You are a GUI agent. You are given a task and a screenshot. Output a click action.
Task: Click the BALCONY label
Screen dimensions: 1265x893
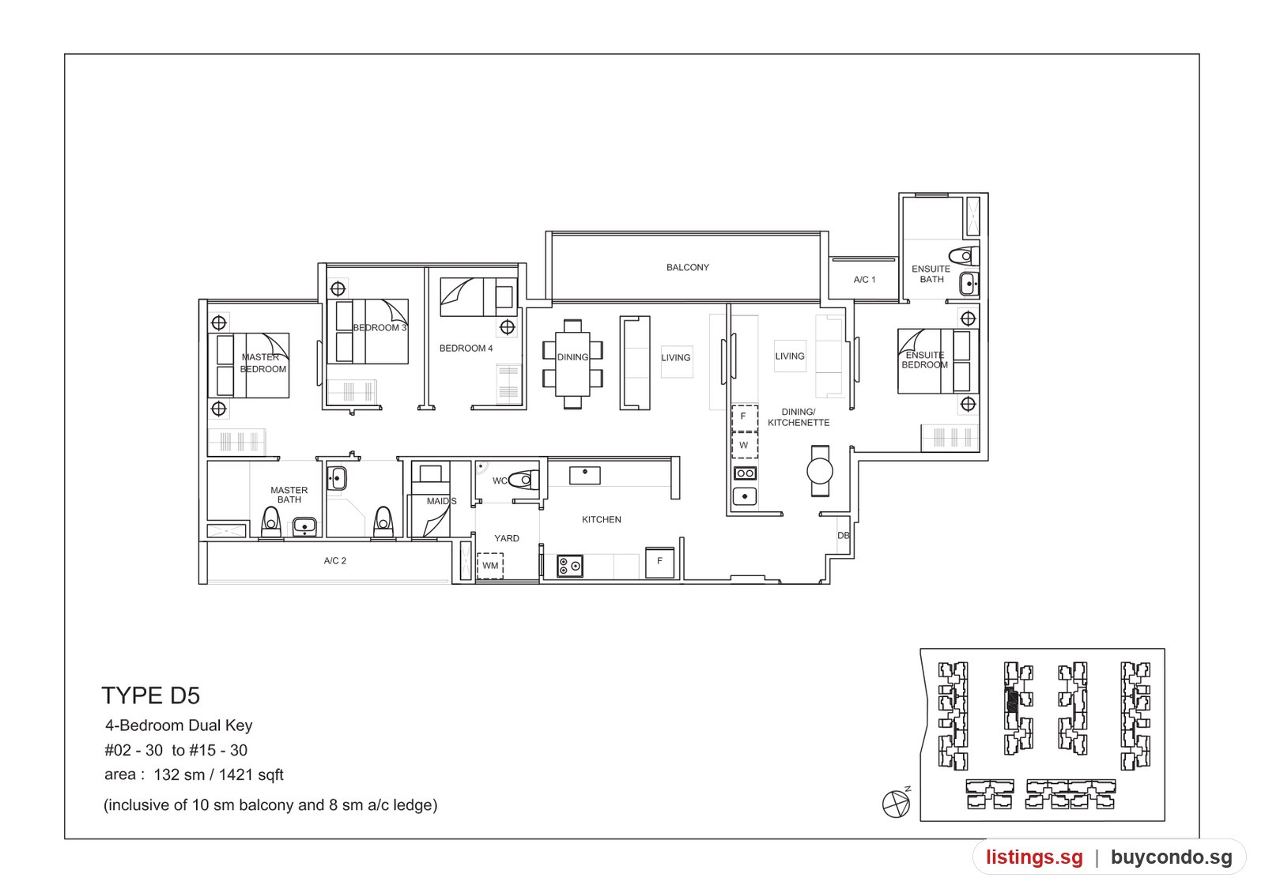(x=687, y=268)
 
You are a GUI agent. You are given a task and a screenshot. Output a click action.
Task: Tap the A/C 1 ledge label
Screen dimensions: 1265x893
(x=864, y=280)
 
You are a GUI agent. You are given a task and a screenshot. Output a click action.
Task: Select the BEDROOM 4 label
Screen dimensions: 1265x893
(x=466, y=349)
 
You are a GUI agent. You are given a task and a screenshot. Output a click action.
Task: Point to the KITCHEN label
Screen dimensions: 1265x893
(x=602, y=519)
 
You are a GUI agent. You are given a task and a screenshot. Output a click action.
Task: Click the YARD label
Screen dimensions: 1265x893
(x=507, y=538)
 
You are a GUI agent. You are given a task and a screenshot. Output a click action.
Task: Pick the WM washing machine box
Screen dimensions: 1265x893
(x=490, y=566)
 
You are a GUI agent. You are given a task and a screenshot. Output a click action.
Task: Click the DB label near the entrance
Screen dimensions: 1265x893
(x=843, y=536)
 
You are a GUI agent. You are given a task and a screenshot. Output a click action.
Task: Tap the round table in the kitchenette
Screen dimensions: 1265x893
(x=819, y=471)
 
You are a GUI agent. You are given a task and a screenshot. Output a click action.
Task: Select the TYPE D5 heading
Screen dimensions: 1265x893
(x=150, y=695)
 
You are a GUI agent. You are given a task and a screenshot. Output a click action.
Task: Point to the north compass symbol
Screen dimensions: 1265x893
(x=897, y=802)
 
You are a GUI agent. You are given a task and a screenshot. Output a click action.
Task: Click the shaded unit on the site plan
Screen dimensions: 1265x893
(x=1013, y=700)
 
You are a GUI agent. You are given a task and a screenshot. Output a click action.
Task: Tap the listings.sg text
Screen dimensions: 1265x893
(x=1035, y=857)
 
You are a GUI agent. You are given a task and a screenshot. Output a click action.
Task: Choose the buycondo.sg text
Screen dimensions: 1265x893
(x=1172, y=857)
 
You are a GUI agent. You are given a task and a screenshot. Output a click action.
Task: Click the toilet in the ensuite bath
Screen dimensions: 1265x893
(x=964, y=256)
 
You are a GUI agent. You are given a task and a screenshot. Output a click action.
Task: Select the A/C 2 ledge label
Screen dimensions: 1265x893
(x=335, y=560)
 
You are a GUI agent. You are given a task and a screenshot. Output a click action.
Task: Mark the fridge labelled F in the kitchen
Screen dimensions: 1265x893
(x=659, y=562)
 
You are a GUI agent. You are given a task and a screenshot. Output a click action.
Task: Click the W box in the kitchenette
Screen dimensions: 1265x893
(x=744, y=446)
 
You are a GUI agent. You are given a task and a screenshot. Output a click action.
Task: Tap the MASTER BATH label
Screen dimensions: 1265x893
(x=289, y=495)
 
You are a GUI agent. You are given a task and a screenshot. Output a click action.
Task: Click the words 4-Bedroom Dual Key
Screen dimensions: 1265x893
(x=179, y=726)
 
